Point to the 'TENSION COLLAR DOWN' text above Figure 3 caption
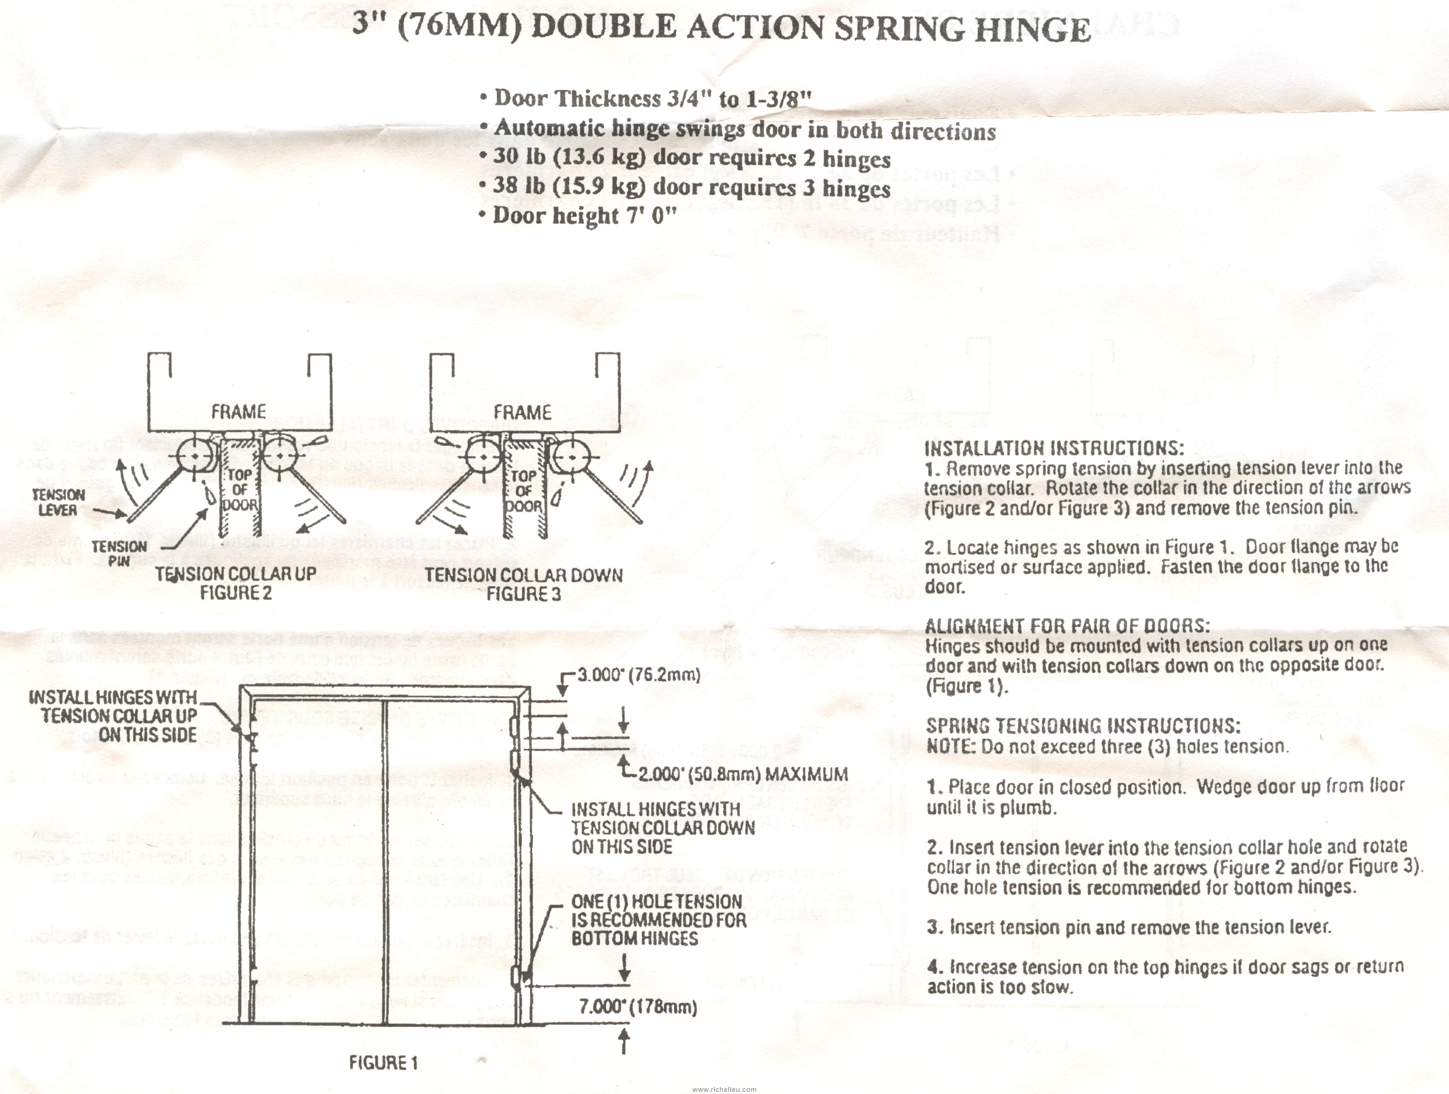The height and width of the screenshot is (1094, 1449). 523,575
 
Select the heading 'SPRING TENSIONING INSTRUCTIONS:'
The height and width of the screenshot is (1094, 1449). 1083,726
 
